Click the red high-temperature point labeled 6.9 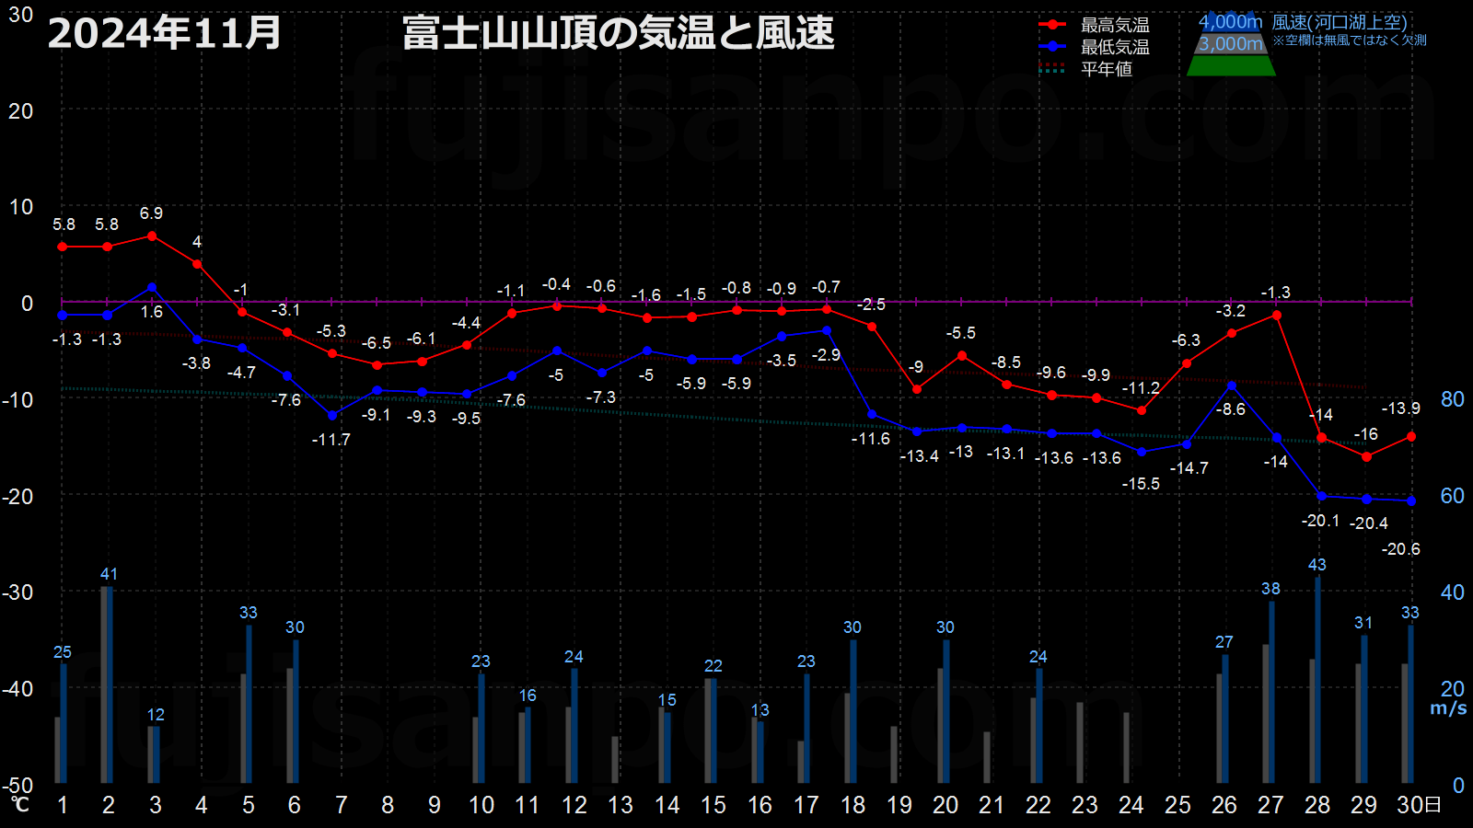[x=152, y=236]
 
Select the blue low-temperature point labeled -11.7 [x=332, y=415]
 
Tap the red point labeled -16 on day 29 [x=1366, y=456]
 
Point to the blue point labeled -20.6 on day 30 [x=1411, y=501]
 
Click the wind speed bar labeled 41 [x=110, y=684]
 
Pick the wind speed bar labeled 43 [x=1317, y=680]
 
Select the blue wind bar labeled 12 [x=157, y=754]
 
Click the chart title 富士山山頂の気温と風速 [x=618, y=33]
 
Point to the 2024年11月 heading [x=165, y=33]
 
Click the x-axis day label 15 [x=713, y=805]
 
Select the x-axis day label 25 [x=1177, y=805]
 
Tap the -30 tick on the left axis [x=17, y=592]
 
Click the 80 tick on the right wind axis [x=1452, y=399]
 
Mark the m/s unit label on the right [x=1448, y=708]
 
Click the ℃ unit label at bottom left [x=19, y=804]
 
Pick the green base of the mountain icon [x=1231, y=65]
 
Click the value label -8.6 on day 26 [x=1230, y=409]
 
